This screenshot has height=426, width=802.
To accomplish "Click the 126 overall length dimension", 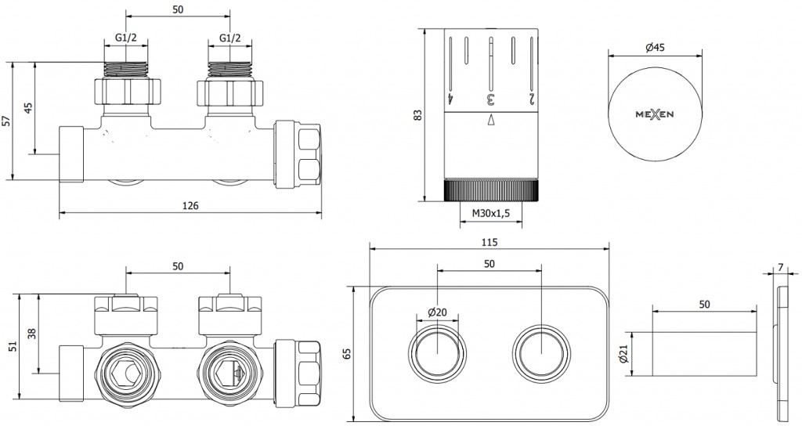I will [190, 206].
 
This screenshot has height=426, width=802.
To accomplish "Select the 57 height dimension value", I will [7, 121].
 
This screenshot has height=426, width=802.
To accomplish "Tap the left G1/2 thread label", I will [125, 38].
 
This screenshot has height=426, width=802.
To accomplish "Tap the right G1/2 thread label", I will [230, 38].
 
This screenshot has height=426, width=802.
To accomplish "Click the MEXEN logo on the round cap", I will [655, 114].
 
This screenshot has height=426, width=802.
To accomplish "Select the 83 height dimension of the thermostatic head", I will [417, 114].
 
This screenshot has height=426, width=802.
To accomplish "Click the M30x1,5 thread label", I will [491, 214].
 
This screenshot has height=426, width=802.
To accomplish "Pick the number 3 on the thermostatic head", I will [491, 99].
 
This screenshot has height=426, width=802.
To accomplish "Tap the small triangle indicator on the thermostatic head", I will [491, 120].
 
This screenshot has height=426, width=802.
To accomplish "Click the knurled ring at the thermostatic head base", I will [491, 190].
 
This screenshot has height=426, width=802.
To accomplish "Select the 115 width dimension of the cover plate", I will [490, 242].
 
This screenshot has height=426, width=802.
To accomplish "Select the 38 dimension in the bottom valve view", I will [31, 333].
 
